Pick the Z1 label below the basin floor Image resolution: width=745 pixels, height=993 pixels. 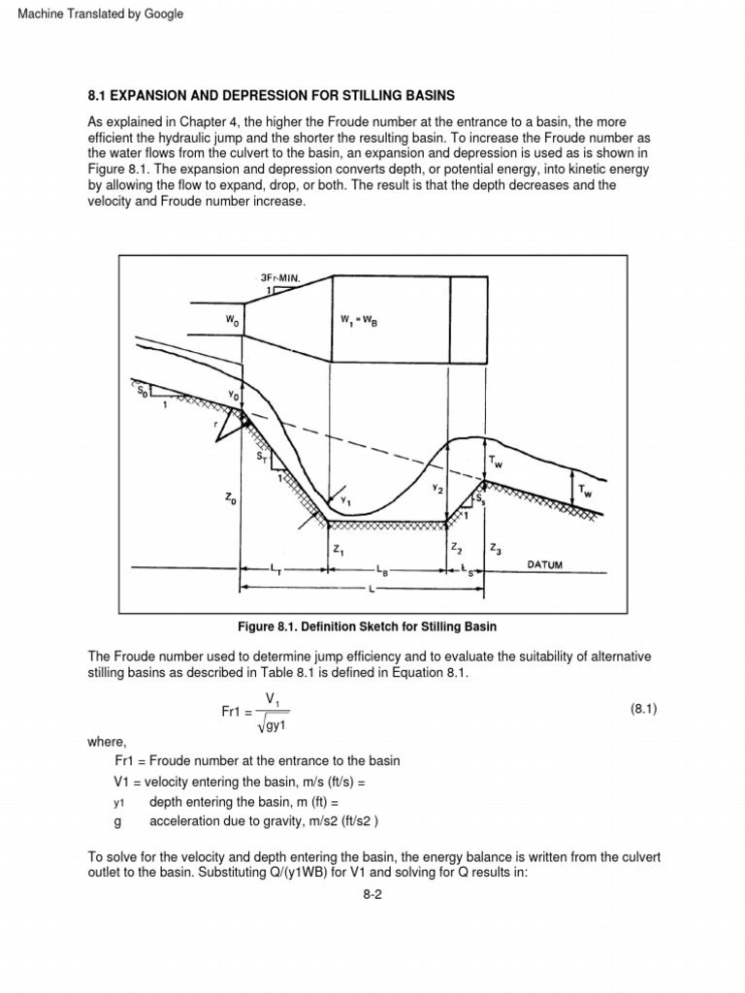(x=338, y=549)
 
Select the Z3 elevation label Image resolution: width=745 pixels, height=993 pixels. (x=497, y=549)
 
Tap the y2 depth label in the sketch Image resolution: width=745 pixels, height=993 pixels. (x=438, y=489)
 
